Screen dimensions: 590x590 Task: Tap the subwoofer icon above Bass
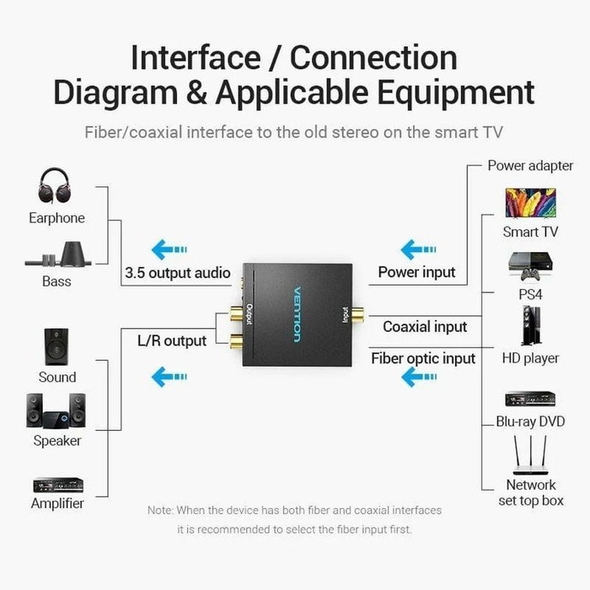tap(56, 255)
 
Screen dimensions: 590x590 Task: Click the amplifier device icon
tap(57, 485)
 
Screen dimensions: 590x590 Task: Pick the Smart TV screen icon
tap(530, 204)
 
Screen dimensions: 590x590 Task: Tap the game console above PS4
tap(530, 267)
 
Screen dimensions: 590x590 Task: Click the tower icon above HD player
tap(530, 326)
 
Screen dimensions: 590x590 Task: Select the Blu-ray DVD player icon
tap(530, 399)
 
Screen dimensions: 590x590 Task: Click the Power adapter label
tap(530, 165)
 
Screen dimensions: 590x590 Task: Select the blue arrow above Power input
tap(418, 249)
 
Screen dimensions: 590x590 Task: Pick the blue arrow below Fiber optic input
tap(418, 377)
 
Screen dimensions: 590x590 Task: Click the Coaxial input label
tap(425, 326)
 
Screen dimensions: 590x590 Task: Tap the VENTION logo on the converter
tap(297, 312)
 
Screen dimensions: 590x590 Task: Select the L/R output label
tap(172, 341)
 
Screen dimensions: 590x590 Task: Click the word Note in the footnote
tap(160, 510)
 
